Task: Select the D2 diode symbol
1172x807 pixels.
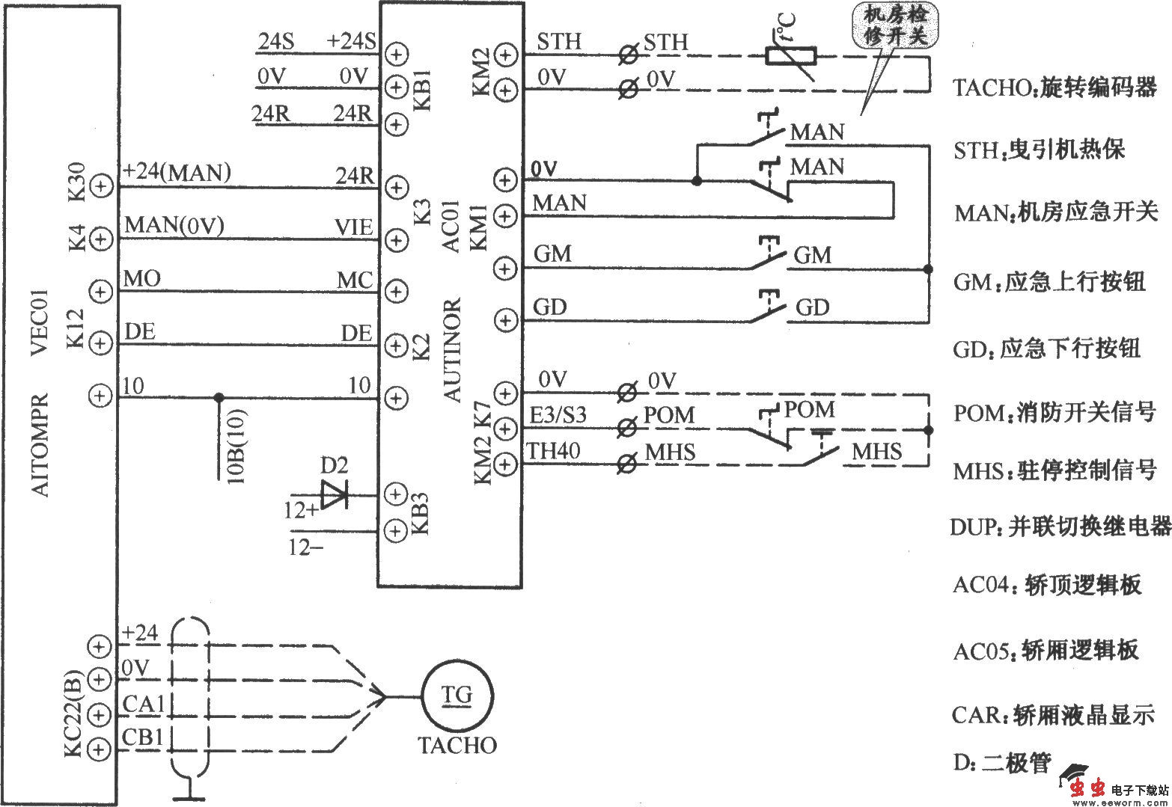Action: pos(335,494)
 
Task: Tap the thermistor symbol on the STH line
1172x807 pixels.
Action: pos(790,55)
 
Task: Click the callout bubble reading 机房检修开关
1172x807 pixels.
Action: pos(894,25)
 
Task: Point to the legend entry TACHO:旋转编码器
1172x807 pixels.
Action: pos(1055,88)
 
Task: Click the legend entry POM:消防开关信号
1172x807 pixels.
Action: pos(1055,412)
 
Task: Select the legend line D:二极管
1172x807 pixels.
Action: pos(1002,764)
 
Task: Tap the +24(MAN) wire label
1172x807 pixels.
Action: pos(177,173)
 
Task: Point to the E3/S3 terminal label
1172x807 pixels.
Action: pos(558,415)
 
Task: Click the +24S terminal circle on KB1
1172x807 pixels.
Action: pos(395,53)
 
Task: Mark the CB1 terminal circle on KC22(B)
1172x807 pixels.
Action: pos(99,749)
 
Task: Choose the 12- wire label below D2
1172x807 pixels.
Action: pos(306,547)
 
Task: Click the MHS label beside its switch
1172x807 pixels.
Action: pos(876,452)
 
